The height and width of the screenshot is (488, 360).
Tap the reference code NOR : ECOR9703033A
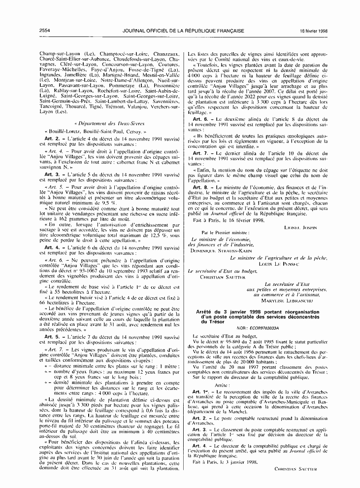coord(258,327)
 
